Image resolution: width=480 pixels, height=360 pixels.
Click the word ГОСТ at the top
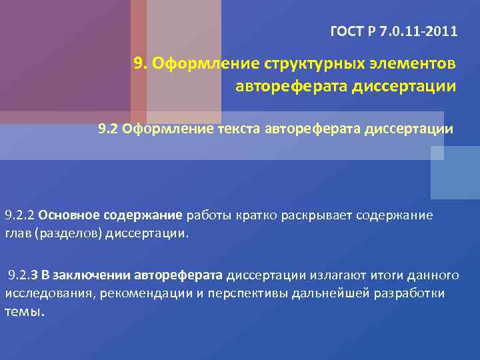pyautogui.click(x=347, y=31)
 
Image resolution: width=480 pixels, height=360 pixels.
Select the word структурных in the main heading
pyautogui.click(x=309, y=63)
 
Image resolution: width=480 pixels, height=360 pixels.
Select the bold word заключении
pyautogui.click(x=95, y=275)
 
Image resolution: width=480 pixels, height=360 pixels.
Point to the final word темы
pyautogui.click(x=25, y=312)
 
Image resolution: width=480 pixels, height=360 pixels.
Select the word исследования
pyautogui.click(x=49, y=293)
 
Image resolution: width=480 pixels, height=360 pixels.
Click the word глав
pyautogui.click(x=17, y=233)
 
